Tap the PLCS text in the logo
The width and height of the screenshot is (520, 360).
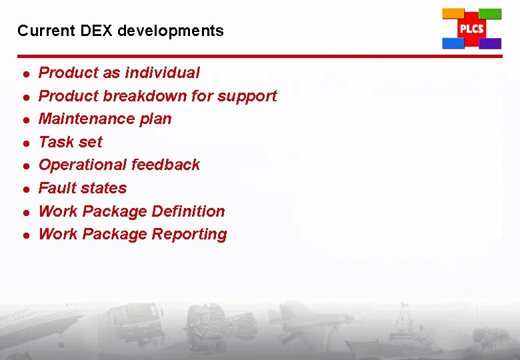tap(471, 29)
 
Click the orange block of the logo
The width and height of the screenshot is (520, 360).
tap(453, 13)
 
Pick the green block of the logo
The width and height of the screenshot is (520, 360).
tap(490, 13)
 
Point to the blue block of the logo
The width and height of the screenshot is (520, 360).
tap(453, 43)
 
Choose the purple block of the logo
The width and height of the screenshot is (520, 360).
tap(490, 43)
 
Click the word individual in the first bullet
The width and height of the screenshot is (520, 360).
tap(167, 73)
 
